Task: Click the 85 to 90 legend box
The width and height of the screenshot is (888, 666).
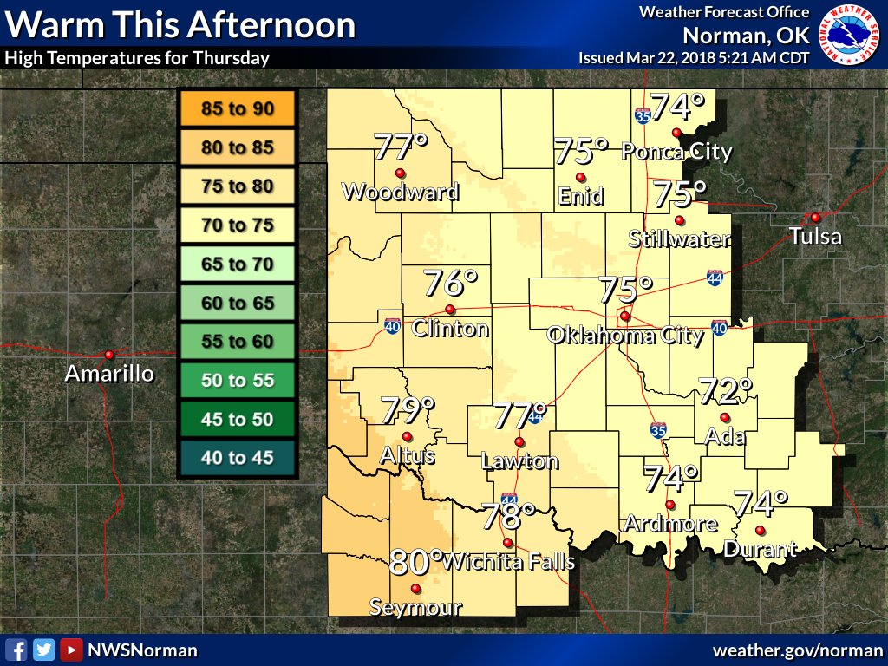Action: tap(237, 109)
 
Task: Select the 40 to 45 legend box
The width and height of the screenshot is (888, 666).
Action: tap(237, 458)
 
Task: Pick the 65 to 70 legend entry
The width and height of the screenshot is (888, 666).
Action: tap(237, 264)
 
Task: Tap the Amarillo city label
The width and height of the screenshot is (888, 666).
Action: tap(110, 375)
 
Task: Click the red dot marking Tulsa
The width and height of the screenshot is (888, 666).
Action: tap(815, 217)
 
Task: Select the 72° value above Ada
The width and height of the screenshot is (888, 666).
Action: tap(725, 392)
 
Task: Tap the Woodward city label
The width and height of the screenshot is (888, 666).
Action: tap(401, 192)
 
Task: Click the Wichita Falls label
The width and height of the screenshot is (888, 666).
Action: tap(509, 562)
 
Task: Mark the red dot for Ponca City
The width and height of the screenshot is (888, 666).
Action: tap(676, 133)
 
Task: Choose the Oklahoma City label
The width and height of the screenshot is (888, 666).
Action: tap(625, 336)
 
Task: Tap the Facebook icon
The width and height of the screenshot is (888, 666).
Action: tap(16, 650)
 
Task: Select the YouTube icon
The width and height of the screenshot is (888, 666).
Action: tap(71, 650)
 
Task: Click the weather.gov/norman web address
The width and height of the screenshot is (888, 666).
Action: tap(799, 650)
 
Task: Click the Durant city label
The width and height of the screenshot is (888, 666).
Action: tap(760, 549)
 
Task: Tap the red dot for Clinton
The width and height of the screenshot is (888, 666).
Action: tap(450, 310)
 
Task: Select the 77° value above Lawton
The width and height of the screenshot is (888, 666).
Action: tap(520, 415)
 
